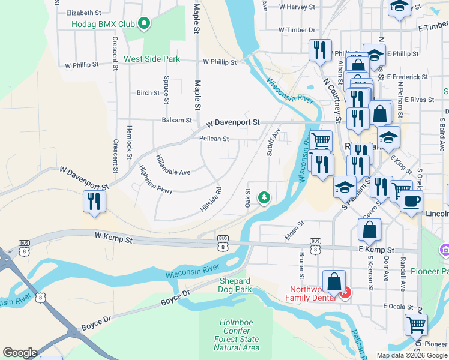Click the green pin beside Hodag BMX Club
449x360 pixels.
144,24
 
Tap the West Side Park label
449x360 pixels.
152,59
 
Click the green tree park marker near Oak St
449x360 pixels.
263,197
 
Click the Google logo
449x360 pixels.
20,353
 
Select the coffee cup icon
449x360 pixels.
411,202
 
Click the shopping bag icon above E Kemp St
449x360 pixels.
369,229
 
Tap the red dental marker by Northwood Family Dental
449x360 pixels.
345,293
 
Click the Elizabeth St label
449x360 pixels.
84,13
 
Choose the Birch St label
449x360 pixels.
148,93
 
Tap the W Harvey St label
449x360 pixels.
297,7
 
